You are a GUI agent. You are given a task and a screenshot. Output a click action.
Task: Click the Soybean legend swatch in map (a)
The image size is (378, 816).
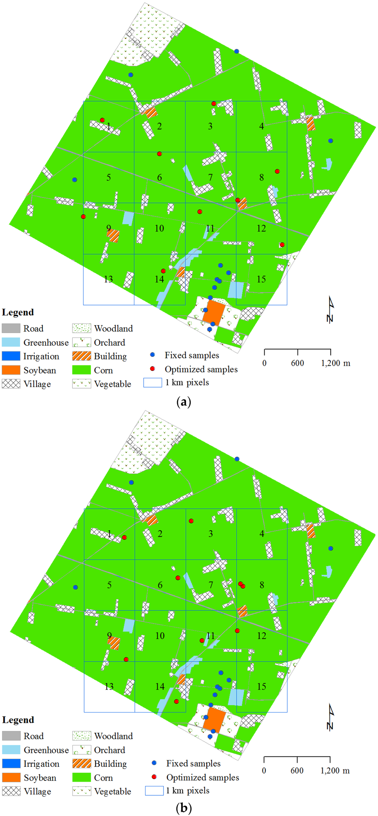(x=11, y=370)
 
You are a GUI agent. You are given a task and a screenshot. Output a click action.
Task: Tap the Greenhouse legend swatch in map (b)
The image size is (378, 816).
(x=11, y=749)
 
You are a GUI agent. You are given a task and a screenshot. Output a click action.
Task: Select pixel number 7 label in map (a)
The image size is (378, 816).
(x=210, y=177)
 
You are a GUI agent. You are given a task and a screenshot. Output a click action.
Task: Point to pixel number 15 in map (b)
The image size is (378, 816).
(x=261, y=686)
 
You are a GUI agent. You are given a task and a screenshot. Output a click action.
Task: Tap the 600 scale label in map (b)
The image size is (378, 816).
(x=297, y=771)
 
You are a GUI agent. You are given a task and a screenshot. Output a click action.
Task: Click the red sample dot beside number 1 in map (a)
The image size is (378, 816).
(x=102, y=120)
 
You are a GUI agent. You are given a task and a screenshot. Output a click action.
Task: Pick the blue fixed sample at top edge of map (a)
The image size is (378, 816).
(x=237, y=51)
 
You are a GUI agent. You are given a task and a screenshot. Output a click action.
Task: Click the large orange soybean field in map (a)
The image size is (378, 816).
(x=214, y=312)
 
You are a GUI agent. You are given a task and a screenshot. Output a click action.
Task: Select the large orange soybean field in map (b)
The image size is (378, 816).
(x=214, y=719)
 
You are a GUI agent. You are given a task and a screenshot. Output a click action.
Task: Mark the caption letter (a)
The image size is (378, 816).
(x=184, y=402)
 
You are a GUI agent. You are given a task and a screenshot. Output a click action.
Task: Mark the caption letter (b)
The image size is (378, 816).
(x=184, y=809)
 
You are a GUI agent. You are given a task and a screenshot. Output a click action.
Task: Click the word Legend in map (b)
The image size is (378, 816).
(x=18, y=720)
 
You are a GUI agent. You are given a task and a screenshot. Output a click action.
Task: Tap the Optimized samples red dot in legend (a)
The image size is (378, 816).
(x=152, y=369)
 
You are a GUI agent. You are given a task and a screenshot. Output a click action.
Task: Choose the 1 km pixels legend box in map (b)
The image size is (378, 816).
(x=154, y=790)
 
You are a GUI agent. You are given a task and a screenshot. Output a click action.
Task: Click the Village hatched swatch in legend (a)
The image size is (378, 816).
(x=11, y=384)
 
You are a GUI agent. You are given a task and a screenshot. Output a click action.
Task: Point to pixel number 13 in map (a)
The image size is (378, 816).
(x=108, y=279)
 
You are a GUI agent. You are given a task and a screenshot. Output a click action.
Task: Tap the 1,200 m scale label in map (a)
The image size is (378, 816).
(x=335, y=363)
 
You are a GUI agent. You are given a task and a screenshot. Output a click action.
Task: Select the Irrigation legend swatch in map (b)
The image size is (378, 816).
(x=11, y=763)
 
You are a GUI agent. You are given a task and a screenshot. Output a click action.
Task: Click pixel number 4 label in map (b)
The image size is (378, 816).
(x=262, y=534)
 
